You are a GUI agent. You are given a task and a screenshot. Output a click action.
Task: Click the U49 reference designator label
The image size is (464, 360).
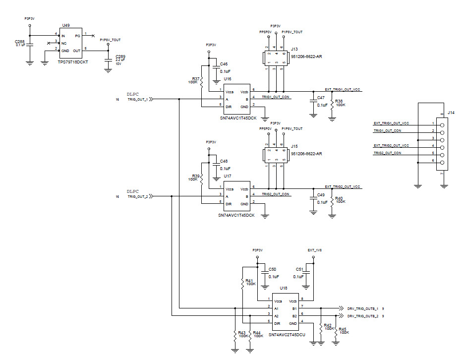65,25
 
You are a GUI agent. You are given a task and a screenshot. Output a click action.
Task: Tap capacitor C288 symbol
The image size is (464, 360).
29,45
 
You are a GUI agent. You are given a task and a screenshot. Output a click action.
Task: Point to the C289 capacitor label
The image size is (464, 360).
120,57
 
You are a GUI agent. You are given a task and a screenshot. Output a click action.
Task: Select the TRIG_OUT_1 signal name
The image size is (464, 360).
138,99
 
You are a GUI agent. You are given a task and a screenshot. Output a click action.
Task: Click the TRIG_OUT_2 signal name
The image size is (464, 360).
138,196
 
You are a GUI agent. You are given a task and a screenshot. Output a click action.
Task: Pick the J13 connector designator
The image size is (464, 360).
294,49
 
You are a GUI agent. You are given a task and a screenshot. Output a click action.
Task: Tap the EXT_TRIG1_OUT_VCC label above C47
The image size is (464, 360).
343,89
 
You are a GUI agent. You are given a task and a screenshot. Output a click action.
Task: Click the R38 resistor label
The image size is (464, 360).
340,101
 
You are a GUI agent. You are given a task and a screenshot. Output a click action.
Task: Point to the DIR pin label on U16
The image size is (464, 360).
229,107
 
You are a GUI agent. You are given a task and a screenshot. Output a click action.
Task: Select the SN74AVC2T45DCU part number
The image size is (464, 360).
287,336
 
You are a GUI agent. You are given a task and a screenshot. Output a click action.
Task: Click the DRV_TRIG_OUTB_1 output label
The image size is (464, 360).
363,308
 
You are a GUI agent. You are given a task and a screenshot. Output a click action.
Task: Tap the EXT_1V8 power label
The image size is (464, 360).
315,250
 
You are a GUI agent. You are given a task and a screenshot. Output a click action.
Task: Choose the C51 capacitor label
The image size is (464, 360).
298,269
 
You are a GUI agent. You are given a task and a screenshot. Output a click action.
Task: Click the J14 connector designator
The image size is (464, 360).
451,113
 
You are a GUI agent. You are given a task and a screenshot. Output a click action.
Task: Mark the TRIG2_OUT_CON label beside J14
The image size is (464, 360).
387,153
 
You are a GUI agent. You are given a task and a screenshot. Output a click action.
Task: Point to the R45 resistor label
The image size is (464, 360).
343,329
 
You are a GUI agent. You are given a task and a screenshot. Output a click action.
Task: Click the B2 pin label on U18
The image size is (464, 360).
294,315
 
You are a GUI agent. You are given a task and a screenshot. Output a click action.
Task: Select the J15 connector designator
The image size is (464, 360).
294,146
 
